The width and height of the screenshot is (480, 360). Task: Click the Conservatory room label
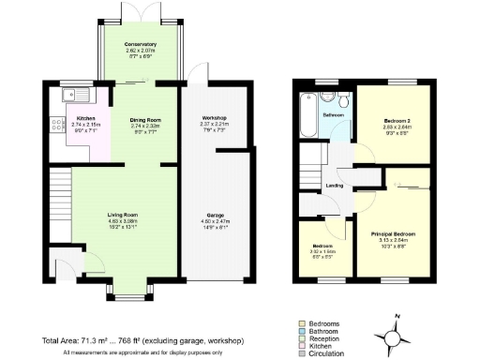[141, 44]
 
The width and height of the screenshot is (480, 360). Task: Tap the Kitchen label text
[86, 118]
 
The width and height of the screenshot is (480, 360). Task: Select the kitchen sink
[73, 95]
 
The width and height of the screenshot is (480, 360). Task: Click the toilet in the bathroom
[343, 100]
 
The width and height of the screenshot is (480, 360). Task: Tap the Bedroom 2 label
[398, 122]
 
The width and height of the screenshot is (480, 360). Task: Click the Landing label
[334, 186]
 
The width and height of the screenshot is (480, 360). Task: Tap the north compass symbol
[391, 334]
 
